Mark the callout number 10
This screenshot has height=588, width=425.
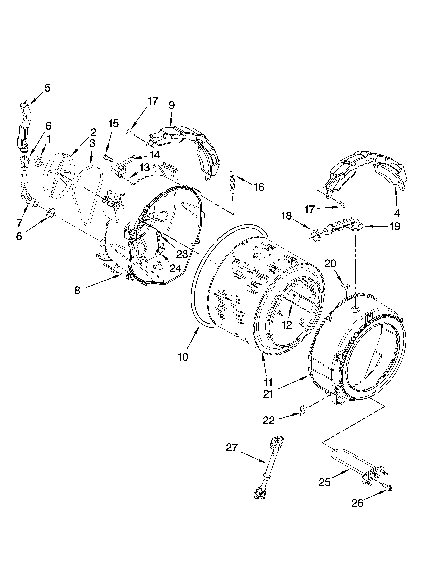pyautogui.click(x=183, y=357)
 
